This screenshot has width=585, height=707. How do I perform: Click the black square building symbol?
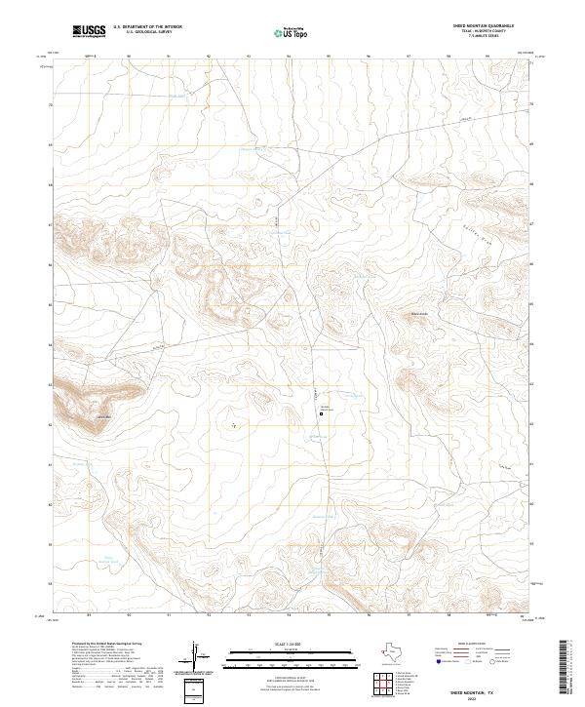pyautogui.click(x=323, y=413)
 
